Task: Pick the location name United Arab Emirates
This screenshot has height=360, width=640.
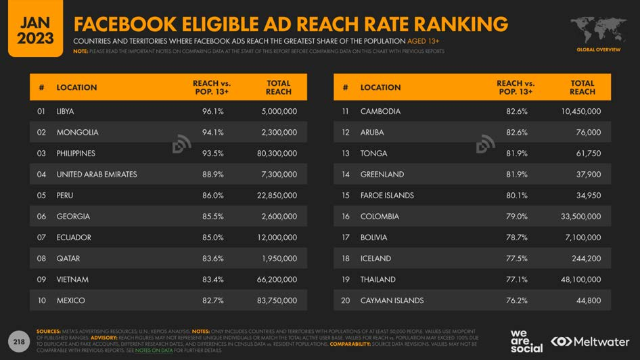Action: point(97,175)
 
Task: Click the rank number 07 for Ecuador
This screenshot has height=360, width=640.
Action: point(42,238)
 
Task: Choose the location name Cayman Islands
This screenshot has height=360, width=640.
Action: point(392,300)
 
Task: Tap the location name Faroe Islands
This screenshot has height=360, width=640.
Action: point(387,196)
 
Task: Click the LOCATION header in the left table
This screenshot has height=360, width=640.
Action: point(76,87)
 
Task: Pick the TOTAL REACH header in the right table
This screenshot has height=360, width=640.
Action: point(582,87)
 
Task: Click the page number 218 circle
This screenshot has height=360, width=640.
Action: point(19,342)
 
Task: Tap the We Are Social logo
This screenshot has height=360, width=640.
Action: point(526,342)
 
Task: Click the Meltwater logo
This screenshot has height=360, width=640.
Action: point(590,342)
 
